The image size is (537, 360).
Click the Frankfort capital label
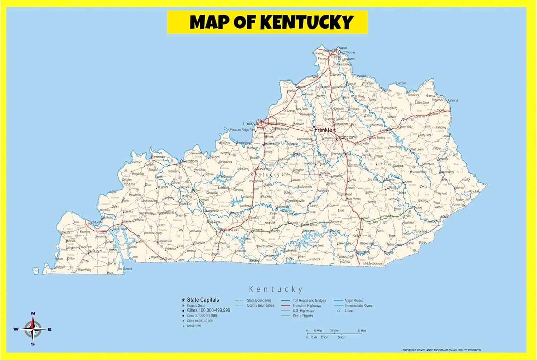(x=325, y=130)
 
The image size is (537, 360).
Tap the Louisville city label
(x=252, y=124)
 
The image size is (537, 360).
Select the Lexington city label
(x=345, y=137)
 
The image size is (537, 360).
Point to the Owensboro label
(x=189, y=161)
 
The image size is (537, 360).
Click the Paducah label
(x=96, y=222)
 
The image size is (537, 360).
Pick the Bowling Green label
(x=229, y=230)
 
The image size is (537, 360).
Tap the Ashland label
(x=453, y=100)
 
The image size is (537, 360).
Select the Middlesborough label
(x=373, y=263)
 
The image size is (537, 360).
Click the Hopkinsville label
(x=165, y=241)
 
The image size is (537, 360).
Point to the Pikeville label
(x=459, y=188)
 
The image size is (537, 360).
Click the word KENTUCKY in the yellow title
(x=307, y=22)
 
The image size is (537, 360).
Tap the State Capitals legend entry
(x=203, y=300)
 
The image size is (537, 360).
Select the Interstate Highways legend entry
(x=307, y=306)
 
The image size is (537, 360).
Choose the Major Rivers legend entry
(x=354, y=301)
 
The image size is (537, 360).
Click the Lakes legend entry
(x=349, y=311)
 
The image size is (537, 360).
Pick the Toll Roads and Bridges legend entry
(x=309, y=301)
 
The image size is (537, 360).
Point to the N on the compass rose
(x=33, y=313)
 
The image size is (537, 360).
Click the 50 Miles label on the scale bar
(x=362, y=331)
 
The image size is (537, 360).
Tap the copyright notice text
(x=441, y=350)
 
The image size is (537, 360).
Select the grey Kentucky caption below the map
(x=276, y=289)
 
